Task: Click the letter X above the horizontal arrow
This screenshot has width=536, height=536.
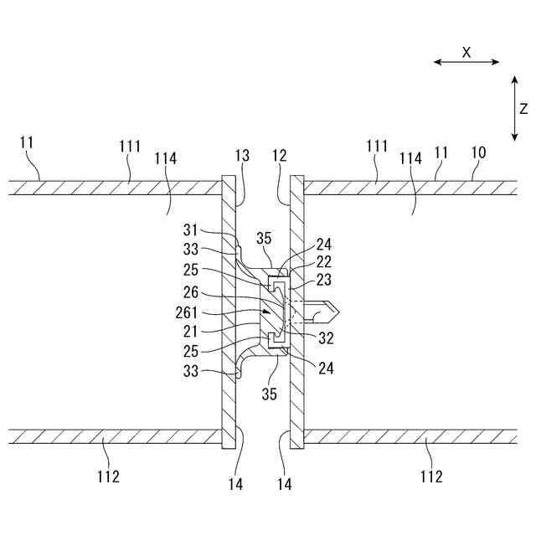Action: (467, 51)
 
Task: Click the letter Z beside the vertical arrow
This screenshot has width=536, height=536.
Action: (523, 108)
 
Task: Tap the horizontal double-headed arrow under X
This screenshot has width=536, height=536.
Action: (467, 62)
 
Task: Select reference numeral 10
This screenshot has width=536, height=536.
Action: (478, 154)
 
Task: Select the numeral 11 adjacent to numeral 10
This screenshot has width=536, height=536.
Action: (441, 153)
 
